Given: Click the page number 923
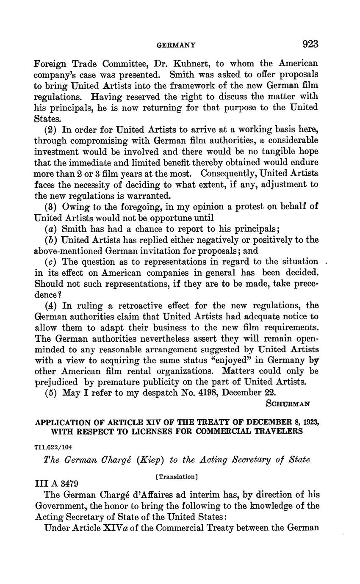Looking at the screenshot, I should pyautogui.click(x=310, y=44).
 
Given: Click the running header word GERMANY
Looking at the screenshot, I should pyautogui.click(x=176, y=44).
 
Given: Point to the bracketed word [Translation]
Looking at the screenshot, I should pyautogui.click(x=177, y=476).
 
